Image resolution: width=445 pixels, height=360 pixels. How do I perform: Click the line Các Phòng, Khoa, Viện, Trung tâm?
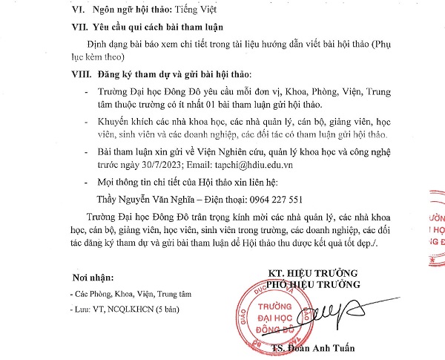[x=122, y=293]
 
